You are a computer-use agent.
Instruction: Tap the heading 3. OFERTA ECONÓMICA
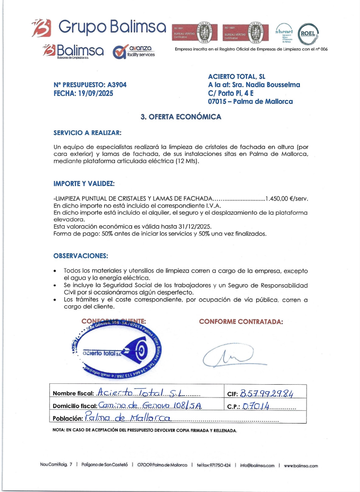tap(180, 117)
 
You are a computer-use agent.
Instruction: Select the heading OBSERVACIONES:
tap(80, 256)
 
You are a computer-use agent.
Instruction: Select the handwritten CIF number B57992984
tap(267, 394)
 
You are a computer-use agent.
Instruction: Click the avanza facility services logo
tap(134, 52)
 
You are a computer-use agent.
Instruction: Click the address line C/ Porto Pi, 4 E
tap(231, 93)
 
